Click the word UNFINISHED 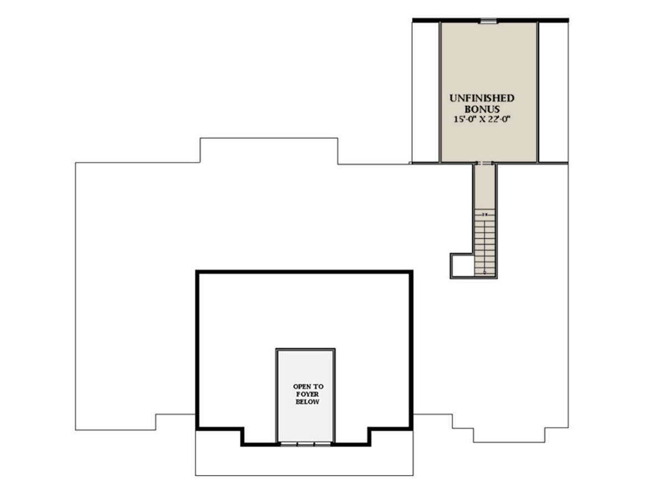482,98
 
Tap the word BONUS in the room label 482,109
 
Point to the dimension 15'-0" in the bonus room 465,119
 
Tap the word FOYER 307,394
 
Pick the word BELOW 307,402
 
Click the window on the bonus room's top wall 487,21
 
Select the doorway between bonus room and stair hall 484,163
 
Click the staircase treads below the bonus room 484,242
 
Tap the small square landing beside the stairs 462,265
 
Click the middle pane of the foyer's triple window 305,444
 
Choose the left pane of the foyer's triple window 289,444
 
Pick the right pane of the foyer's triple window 323,444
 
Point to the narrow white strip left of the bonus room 426,92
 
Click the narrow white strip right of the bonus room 553,92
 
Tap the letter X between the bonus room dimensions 482,120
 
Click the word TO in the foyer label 318,387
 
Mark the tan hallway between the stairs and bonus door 484,187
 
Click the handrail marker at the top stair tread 485,214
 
